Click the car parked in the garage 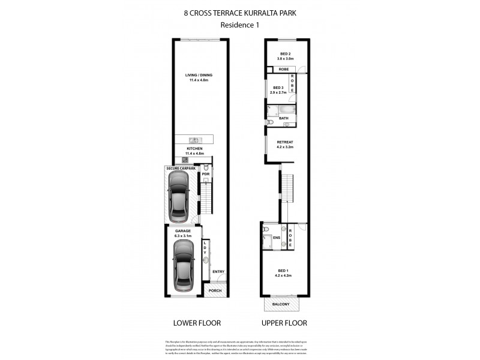click(x=182, y=268)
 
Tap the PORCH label click(x=215, y=291)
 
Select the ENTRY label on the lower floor click(x=218, y=271)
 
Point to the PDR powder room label click(x=205, y=175)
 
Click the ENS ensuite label click(x=277, y=237)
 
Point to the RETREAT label click(x=285, y=142)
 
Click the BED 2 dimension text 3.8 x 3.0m click(x=285, y=58)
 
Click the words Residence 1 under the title click(x=238, y=25)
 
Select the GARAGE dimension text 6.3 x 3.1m click(x=182, y=235)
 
